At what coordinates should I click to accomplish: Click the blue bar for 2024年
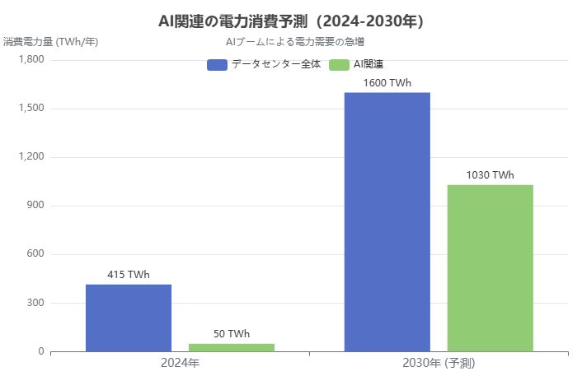coord(129,318)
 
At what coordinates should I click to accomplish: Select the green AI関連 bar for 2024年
coord(232,347)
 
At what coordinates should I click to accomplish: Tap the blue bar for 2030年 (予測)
coord(387,222)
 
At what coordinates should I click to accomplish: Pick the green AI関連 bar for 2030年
coord(490,268)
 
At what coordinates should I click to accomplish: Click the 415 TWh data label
coord(129,275)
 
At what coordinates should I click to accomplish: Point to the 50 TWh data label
coord(232,334)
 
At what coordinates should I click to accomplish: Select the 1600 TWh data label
coord(387,83)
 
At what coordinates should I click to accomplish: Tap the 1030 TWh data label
coord(490,175)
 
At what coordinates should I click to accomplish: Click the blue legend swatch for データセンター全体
coord(217,64)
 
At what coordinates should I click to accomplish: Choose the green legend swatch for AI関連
coord(339,64)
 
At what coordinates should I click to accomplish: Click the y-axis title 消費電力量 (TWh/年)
coord(50,41)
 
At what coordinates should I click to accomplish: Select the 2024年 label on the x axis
coord(180,362)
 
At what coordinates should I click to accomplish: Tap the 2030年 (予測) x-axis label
coord(439,362)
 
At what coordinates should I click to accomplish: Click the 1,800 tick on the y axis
coord(31,60)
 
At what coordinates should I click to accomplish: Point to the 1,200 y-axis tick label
coord(31,157)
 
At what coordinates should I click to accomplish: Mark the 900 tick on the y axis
coord(35,206)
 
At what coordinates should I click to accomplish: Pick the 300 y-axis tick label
coord(35,303)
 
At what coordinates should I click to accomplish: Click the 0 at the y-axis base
coord(40,351)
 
